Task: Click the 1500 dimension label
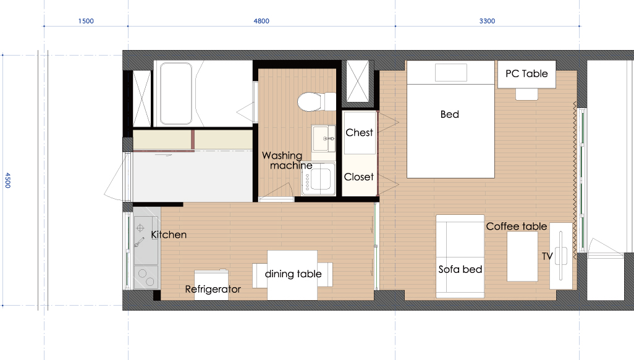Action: click(x=86, y=21)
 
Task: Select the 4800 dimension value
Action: click(x=261, y=21)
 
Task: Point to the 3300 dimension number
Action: click(x=487, y=21)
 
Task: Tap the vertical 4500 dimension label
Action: click(x=7, y=180)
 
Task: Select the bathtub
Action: click(x=176, y=93)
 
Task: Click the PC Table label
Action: click(x=526, y=73)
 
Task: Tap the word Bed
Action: click(x=450, y=114)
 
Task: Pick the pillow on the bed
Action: click(x=451, y=73)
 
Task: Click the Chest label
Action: click(x=359, y=133)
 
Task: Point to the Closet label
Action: click(x=358, y=177)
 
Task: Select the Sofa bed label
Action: click(x=460, y=269)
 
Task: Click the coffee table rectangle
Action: click(x=522, y=256)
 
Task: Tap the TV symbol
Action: click(x=561, y=256)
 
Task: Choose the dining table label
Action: click(x=293, y=274)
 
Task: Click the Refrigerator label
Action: click(x=213, y=289)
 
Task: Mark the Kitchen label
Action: click(x=169, y=235)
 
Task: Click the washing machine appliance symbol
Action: click(x=319, y=178)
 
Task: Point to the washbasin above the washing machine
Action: click(x=323, y=138)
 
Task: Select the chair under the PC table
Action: click(x=526, y=94)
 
